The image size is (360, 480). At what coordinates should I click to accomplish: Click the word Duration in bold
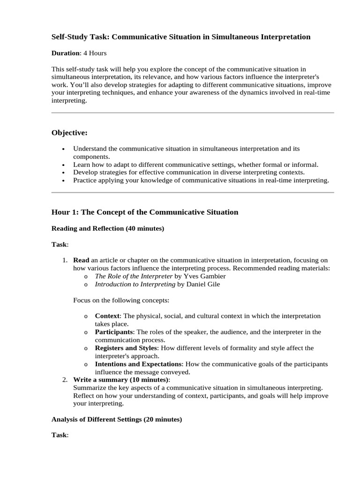pos(66,53)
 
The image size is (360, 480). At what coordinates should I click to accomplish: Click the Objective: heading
pos(69,133)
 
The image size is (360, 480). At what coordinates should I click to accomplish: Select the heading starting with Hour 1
pos(144,212)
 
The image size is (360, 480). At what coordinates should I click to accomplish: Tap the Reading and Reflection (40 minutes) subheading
pos(107,228)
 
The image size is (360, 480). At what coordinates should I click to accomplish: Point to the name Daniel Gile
pos(204,284)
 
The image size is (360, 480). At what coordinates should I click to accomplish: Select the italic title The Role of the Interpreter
pos(134,276)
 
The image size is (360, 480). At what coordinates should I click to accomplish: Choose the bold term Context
pos(107,316)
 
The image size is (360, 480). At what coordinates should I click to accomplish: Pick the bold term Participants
pos(114,332)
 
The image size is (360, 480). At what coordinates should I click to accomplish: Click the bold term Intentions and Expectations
pos(138,364)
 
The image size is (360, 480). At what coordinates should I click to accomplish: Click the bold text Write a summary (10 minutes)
pos(121,380)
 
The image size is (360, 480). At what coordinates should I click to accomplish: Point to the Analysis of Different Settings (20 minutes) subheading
pos(116,420)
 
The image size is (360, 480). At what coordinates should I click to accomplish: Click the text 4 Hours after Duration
pos(95,53)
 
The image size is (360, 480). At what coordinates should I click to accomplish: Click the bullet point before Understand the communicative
pos(64,149)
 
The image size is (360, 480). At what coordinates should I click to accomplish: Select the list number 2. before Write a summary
pos(65,380)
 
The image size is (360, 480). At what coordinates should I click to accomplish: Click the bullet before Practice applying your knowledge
pos(64,180)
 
